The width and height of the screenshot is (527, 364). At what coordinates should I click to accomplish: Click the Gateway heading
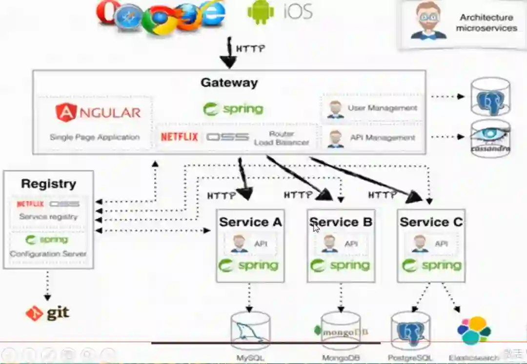point(229,82)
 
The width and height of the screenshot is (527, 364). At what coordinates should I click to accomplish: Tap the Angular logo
point(98,113)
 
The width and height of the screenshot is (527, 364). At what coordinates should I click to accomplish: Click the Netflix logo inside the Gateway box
point(180,137)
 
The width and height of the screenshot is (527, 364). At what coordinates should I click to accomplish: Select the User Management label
point(382,108)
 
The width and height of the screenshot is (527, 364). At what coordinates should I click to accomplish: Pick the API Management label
point(382,138)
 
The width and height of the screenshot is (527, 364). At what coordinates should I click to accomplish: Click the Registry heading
point(48,184)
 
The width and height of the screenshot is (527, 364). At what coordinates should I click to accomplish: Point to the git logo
point(47,312)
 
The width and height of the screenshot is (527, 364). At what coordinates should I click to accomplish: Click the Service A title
point(250,222)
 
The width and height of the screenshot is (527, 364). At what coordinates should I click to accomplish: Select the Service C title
point(431,222)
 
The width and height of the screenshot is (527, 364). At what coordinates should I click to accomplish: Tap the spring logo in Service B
point(341,265)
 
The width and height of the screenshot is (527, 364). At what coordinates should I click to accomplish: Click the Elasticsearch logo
point(474,330)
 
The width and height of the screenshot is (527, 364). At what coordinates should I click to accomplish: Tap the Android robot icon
point(261,12)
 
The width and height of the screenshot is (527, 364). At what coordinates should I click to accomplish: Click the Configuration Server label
point(48,254)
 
